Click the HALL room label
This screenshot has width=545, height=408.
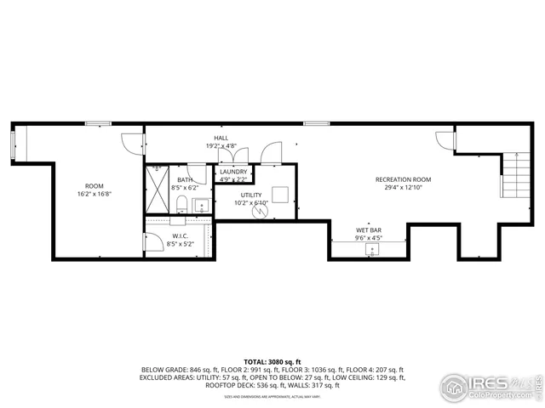(221, 138)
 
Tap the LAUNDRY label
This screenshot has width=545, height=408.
(232, 172)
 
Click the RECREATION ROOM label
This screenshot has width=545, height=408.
(404, 179)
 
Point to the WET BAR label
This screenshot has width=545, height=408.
(368, 230)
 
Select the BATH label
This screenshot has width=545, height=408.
(185, 179)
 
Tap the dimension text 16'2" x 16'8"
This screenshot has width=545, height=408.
(94, 194)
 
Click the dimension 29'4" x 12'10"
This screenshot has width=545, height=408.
(404, 188)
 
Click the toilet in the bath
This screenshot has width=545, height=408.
(182, 203)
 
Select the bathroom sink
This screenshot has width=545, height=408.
(202, 205)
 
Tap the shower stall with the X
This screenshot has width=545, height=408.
(158, 190)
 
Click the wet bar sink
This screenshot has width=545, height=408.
(372, 249)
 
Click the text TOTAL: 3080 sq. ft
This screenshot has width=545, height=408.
(272, 362)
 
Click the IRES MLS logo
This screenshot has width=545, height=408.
(490, 385)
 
